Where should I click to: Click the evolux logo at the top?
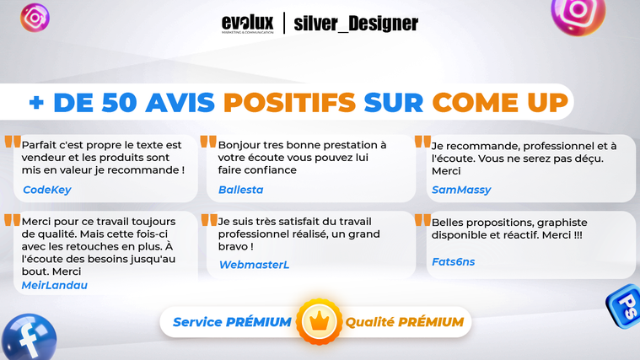click(247, 24)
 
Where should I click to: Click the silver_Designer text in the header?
click(356, 24)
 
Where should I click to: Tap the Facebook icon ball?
click(29, 337)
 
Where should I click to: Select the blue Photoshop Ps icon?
click(624, 306)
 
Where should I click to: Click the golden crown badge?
click(319, 321)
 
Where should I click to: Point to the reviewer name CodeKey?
click(47, 190)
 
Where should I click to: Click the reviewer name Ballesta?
click(241, 190)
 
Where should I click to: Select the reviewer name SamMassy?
click(461, 190)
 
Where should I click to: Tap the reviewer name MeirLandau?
click(54, 285)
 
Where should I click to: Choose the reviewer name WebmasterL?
click(255, 265)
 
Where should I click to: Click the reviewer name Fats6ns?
click(454, 261)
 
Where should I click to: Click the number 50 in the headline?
click(119, 102)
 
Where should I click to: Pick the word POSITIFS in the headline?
click(290, 102)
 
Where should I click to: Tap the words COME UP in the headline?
click(500, 102)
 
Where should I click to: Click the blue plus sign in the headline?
click(36, 103)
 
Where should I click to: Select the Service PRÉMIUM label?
click(232, 322)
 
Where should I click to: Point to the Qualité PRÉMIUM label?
click(405, 322)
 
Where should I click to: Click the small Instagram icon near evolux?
click(35, 18)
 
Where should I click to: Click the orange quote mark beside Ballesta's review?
click(208, 142)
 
